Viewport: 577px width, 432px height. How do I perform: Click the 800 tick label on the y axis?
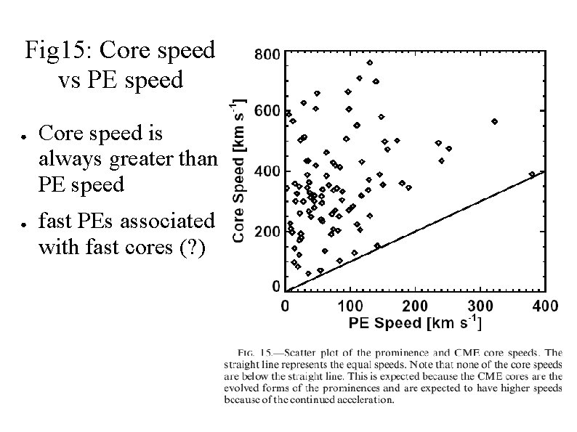tap(265, 54)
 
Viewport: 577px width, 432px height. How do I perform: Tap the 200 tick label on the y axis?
tap(265, 232)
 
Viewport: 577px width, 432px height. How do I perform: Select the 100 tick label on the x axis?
tap(350, 306)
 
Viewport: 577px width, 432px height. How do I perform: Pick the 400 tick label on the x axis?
tap(545, 306)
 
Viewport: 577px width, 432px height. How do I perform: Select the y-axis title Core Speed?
tap(240, 171)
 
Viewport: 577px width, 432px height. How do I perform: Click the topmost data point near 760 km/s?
tap(370, 62)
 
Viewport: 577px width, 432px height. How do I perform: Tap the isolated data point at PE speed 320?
tap(494, 121)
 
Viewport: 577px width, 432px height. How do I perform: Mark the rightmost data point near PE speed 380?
tap(532, 174)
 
